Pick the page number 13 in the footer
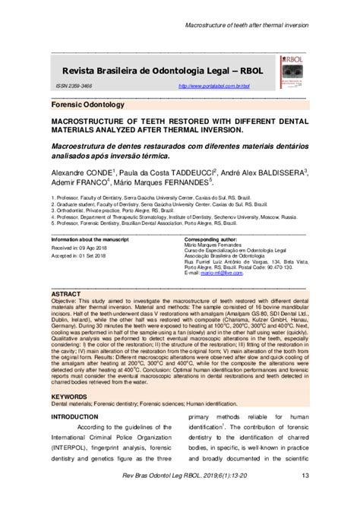tap(304, 497)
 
